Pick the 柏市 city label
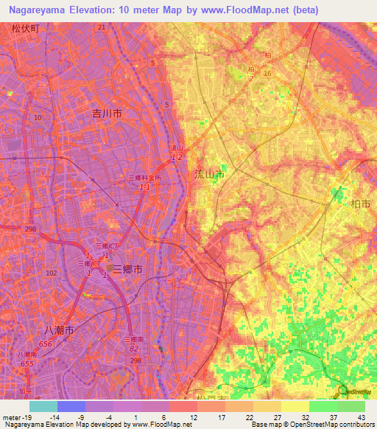[x=361, y=203]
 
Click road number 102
[x=51, y=273]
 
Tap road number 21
[x=102, y=27]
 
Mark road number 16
[x=267, y=74]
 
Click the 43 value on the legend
[x=362, y=418]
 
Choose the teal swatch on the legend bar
[x=43, y=406]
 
